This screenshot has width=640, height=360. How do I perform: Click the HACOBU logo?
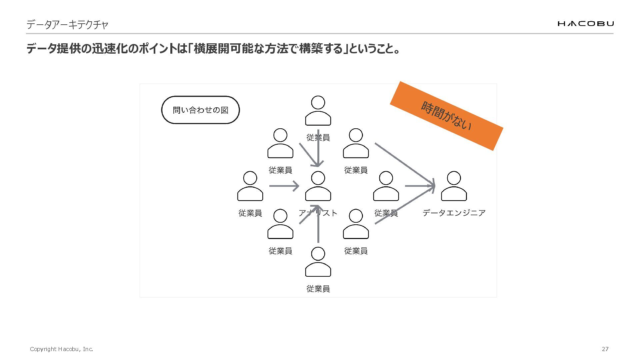click(x=585, y=23)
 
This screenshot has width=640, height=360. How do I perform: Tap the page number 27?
click(x=605, y=349)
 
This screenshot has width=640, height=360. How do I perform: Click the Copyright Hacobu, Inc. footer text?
click(x=61, y=349)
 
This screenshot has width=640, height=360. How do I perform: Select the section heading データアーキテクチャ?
click(x=67, y=25)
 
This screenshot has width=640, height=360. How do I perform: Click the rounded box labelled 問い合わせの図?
click(x=200, y=110)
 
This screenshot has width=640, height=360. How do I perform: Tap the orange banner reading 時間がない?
click(x=446, y=116)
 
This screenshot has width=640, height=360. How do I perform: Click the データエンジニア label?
click(x=454, y=213)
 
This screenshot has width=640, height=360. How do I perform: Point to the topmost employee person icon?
click(x=318, y=111)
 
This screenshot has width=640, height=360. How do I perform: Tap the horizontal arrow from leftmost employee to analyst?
click(x=284, y=186)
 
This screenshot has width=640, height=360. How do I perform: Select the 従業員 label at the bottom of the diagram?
click(x=318, y=289)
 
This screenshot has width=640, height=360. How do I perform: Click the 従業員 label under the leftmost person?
click(x=250, y=213)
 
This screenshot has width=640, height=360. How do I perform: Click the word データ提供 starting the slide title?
click(x=53, y=49)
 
